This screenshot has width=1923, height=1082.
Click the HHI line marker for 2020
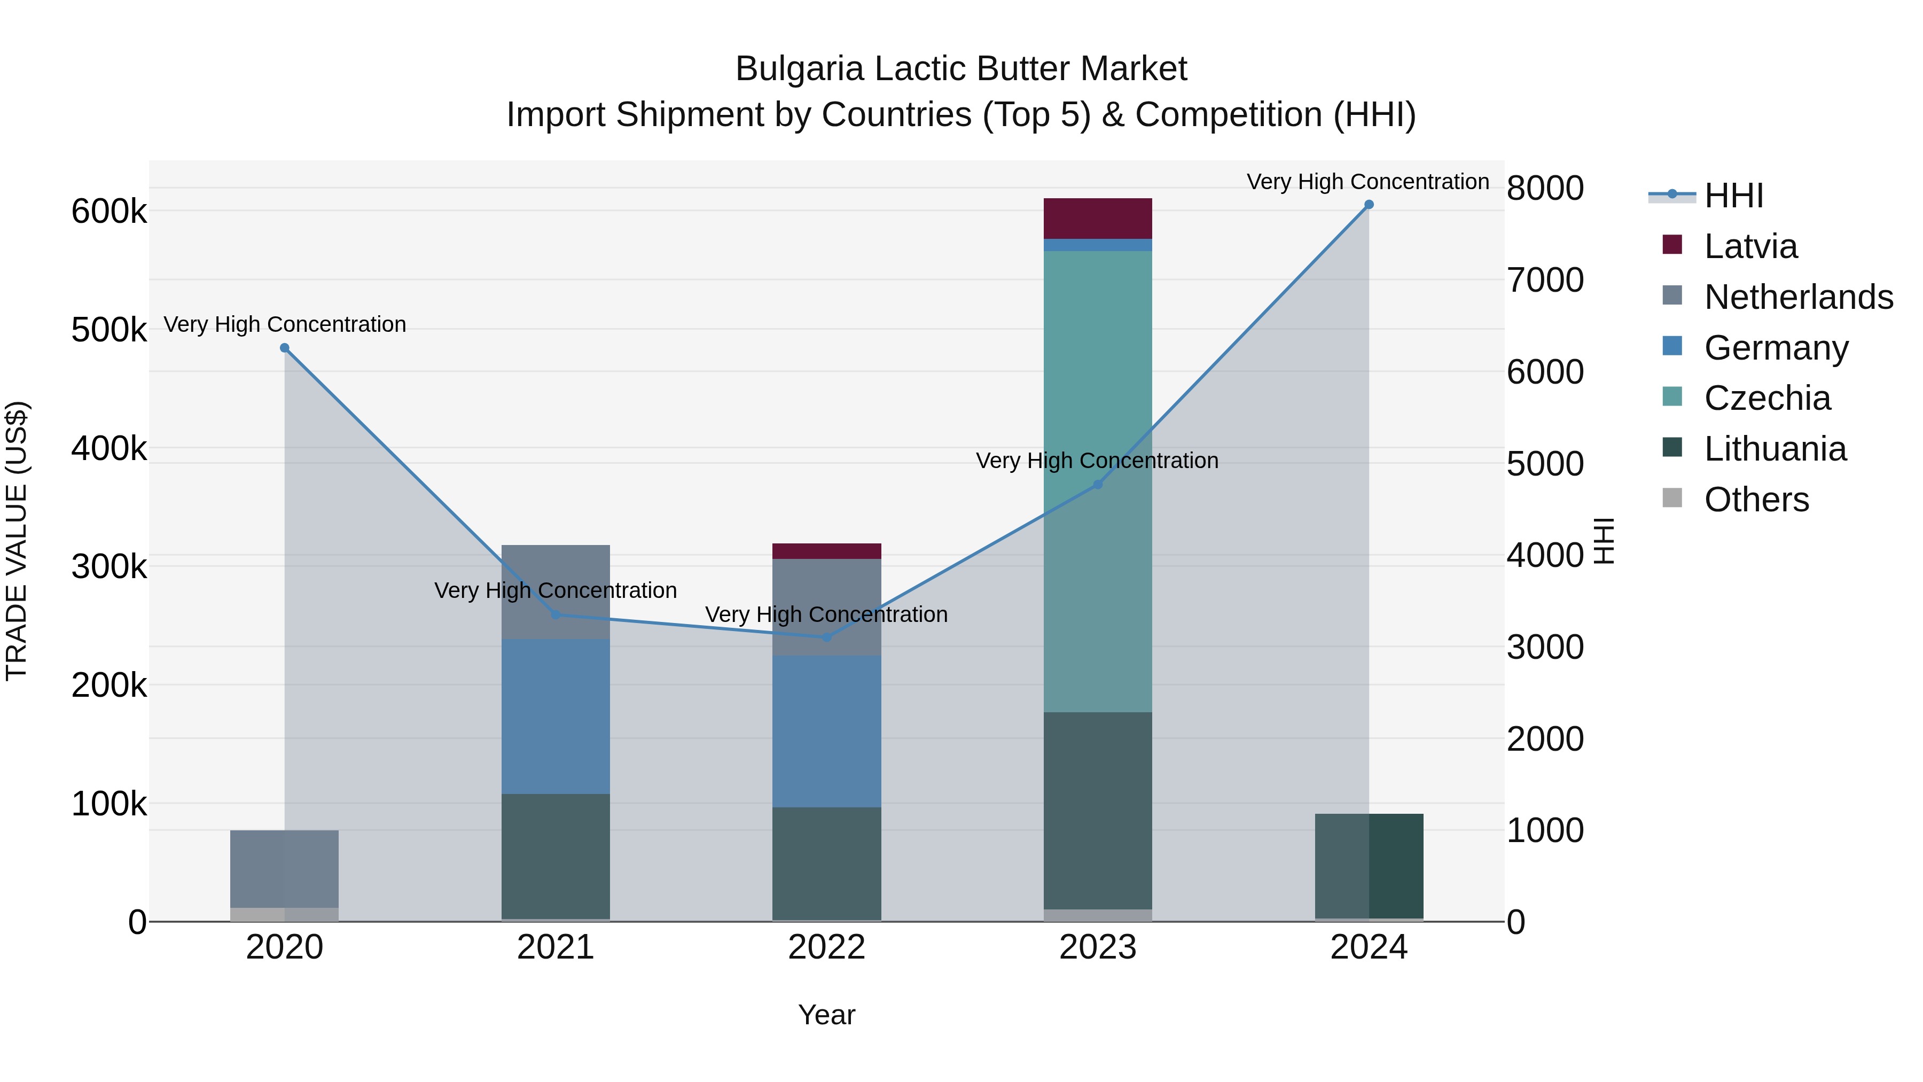click(284, 348)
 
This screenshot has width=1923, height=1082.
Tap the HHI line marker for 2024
click(1369, 205)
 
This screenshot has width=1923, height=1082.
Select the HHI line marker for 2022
click(826, 637)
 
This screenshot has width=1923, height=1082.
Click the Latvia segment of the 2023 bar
click(1097, 219)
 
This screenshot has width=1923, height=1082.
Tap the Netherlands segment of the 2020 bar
click(284, 868)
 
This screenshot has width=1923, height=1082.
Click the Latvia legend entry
click(1750, 246)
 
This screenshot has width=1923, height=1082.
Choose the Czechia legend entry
click(1767, 398)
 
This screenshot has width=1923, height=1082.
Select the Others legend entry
click(1756, 500)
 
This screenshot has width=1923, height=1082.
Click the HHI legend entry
click(1733, 196)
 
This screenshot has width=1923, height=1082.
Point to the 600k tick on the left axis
click(109, 211)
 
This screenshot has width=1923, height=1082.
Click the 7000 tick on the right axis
click(1544, 280)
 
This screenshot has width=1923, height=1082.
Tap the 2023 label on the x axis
click(1097, 947)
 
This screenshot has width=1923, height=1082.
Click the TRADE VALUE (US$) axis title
click(17, 541)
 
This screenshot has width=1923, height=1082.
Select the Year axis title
click(826, 1015)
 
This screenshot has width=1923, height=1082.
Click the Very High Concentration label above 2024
click(1367, 182)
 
